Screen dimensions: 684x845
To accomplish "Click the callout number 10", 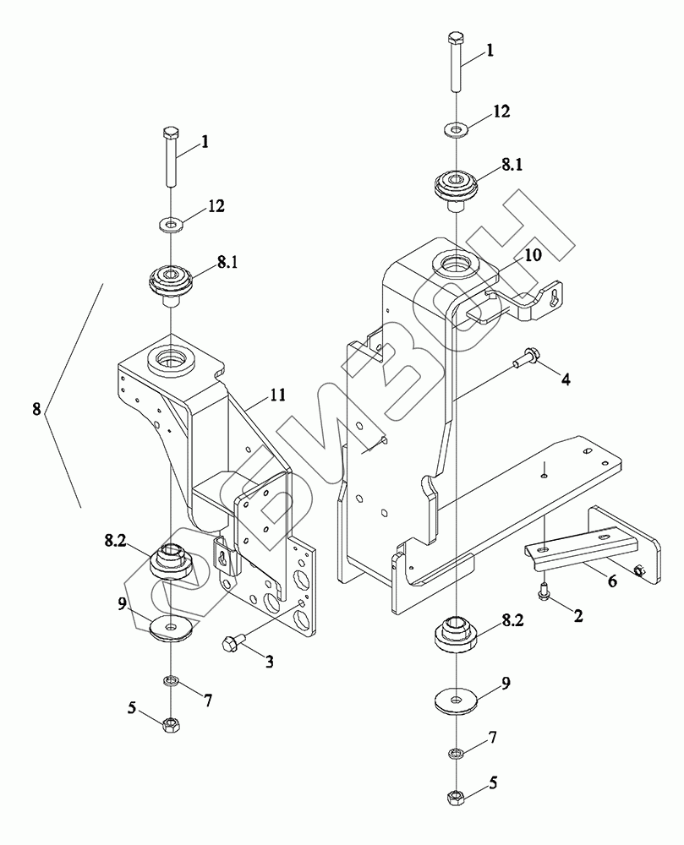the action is point(533,254).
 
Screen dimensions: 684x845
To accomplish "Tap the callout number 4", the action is point(565,380).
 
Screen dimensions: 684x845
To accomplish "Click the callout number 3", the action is point(268,661).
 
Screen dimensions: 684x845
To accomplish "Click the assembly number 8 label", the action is point(36,410).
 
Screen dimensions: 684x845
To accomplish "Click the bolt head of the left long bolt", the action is point(170,132).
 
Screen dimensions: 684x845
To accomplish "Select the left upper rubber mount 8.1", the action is point(170,284).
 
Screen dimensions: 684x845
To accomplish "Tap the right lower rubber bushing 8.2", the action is point(456,636).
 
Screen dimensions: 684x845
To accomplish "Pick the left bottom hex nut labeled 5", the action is point(171,723).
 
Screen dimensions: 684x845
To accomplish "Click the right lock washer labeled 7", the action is point(457,751).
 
